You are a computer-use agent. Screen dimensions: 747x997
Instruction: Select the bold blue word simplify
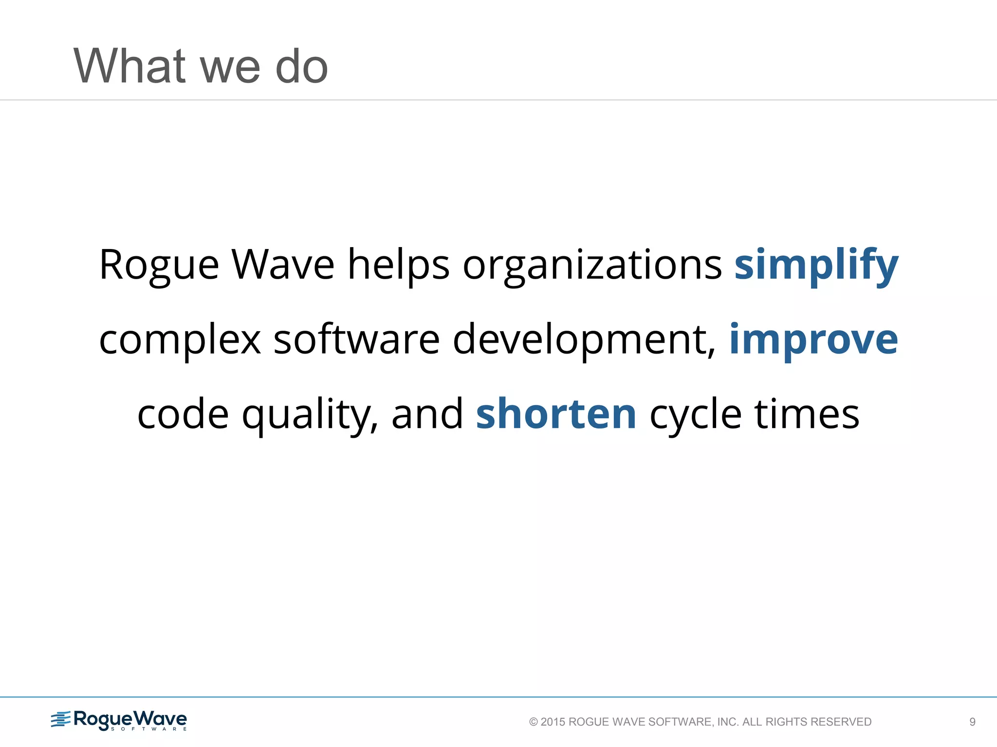(816, 266)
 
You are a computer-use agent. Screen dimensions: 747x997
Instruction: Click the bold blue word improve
(813, 340)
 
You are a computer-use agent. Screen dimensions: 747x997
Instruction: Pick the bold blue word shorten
(556, 414)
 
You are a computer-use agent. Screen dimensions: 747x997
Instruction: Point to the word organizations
(592, 266)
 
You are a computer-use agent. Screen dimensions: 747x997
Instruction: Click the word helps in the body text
(398, 266)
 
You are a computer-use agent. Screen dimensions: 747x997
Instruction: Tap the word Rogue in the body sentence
(159, 266)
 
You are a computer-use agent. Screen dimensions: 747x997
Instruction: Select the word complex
(180, 340)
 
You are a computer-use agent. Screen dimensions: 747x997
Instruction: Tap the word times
(807, 414)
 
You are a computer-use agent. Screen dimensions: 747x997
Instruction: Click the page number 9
(972, 722)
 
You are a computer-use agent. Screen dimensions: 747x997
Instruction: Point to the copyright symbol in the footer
(534, 722)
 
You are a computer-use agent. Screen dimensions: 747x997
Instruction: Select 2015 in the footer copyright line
(553, 722)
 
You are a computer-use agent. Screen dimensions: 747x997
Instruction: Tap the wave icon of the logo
(61, 719)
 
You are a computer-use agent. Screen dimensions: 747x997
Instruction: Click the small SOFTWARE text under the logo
(148, 729)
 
